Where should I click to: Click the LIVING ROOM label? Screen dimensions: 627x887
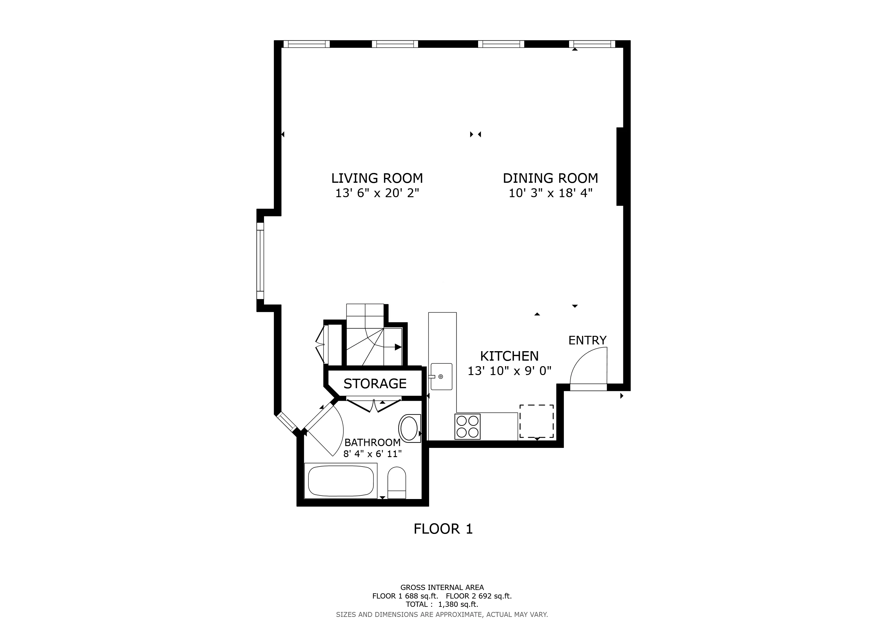tap(377, 178)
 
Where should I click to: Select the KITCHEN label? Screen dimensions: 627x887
tap(509, 356)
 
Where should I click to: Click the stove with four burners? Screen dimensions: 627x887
tap(467, 426)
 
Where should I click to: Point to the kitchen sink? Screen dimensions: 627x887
tap(441, 377)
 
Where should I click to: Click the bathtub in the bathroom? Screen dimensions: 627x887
tap(341, 481)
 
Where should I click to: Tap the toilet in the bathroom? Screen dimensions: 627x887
tap(396, 482)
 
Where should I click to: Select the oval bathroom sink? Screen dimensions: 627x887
tap(409, 429)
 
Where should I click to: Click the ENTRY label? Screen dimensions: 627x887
tap(587, 340)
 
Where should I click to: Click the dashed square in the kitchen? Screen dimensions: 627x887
tap(536, 421)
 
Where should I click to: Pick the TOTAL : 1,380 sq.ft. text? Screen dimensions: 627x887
tap(442, 604)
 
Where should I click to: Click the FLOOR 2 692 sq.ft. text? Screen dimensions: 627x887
tap(479, 596)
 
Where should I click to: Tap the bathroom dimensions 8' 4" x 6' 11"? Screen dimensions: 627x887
tap(372, 454)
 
